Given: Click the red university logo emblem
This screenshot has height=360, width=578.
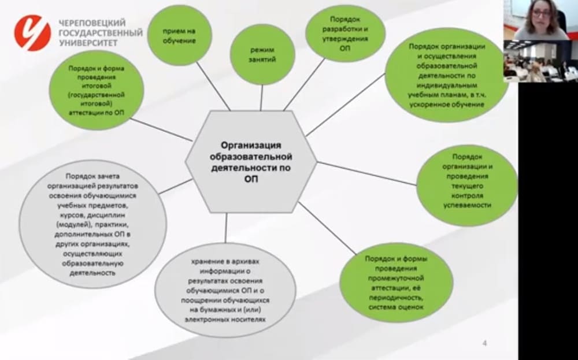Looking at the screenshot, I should [32, 33].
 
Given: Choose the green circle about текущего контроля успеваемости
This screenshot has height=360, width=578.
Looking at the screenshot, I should [466, 181].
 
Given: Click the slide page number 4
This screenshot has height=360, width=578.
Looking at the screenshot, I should [484, 343].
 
